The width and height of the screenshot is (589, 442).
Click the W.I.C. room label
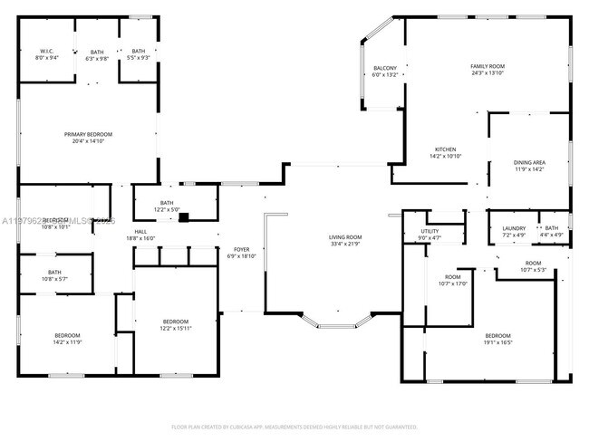(x=46, y=52)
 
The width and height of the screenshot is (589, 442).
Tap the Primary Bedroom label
(x=88, y=134)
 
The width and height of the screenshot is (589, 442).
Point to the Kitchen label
(x=445, y=149)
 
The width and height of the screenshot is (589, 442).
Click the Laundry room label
(x=513, y=228)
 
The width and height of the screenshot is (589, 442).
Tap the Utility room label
(x=430, y=232)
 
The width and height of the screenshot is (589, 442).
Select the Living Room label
(x=345, y=237)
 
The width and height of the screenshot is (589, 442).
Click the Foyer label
(x=242, y=249)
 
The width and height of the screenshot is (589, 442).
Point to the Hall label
(x=140, y=232)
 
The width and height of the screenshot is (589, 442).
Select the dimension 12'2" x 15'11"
(x=175, y=328)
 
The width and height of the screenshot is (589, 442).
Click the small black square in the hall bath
(x=183, y=217)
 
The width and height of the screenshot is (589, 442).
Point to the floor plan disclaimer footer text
(x=294, y=426)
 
